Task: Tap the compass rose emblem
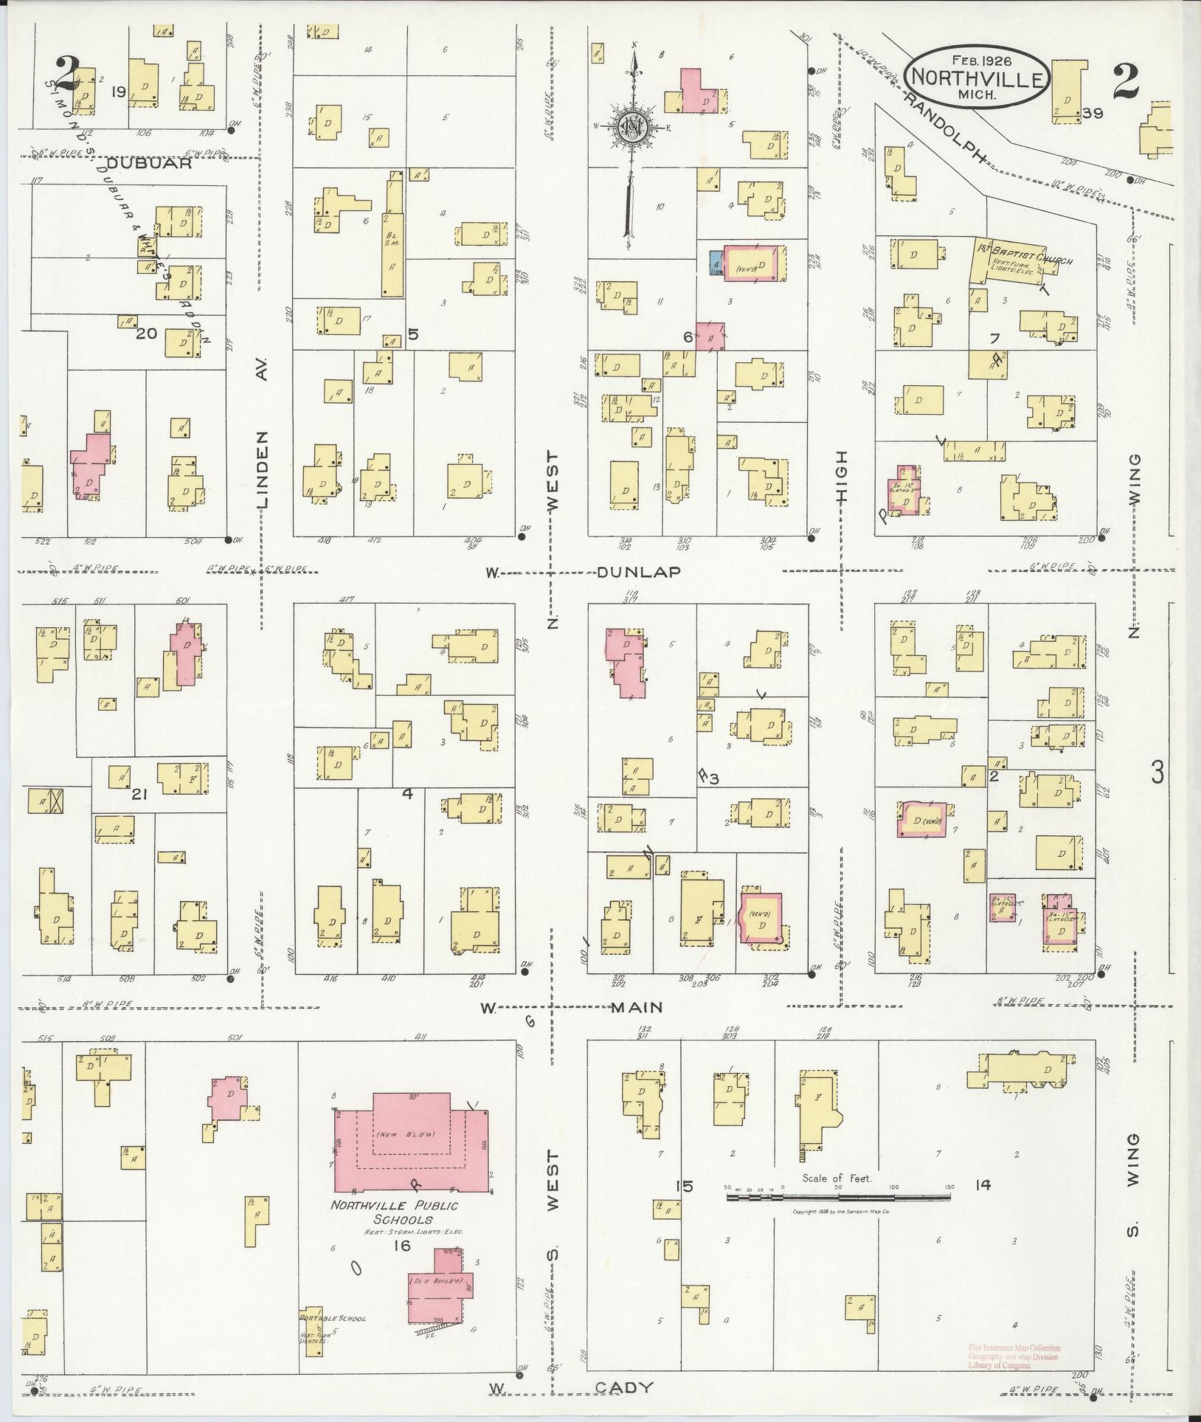[631, 127]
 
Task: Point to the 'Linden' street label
[263, 469]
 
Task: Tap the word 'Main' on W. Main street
[636, 1007]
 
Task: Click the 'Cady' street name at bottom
[624, 1387]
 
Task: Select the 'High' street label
[842, 477]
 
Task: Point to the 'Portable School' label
[332, 1318]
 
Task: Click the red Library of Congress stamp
[1014, 1357]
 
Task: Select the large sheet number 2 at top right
[1126, 80]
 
